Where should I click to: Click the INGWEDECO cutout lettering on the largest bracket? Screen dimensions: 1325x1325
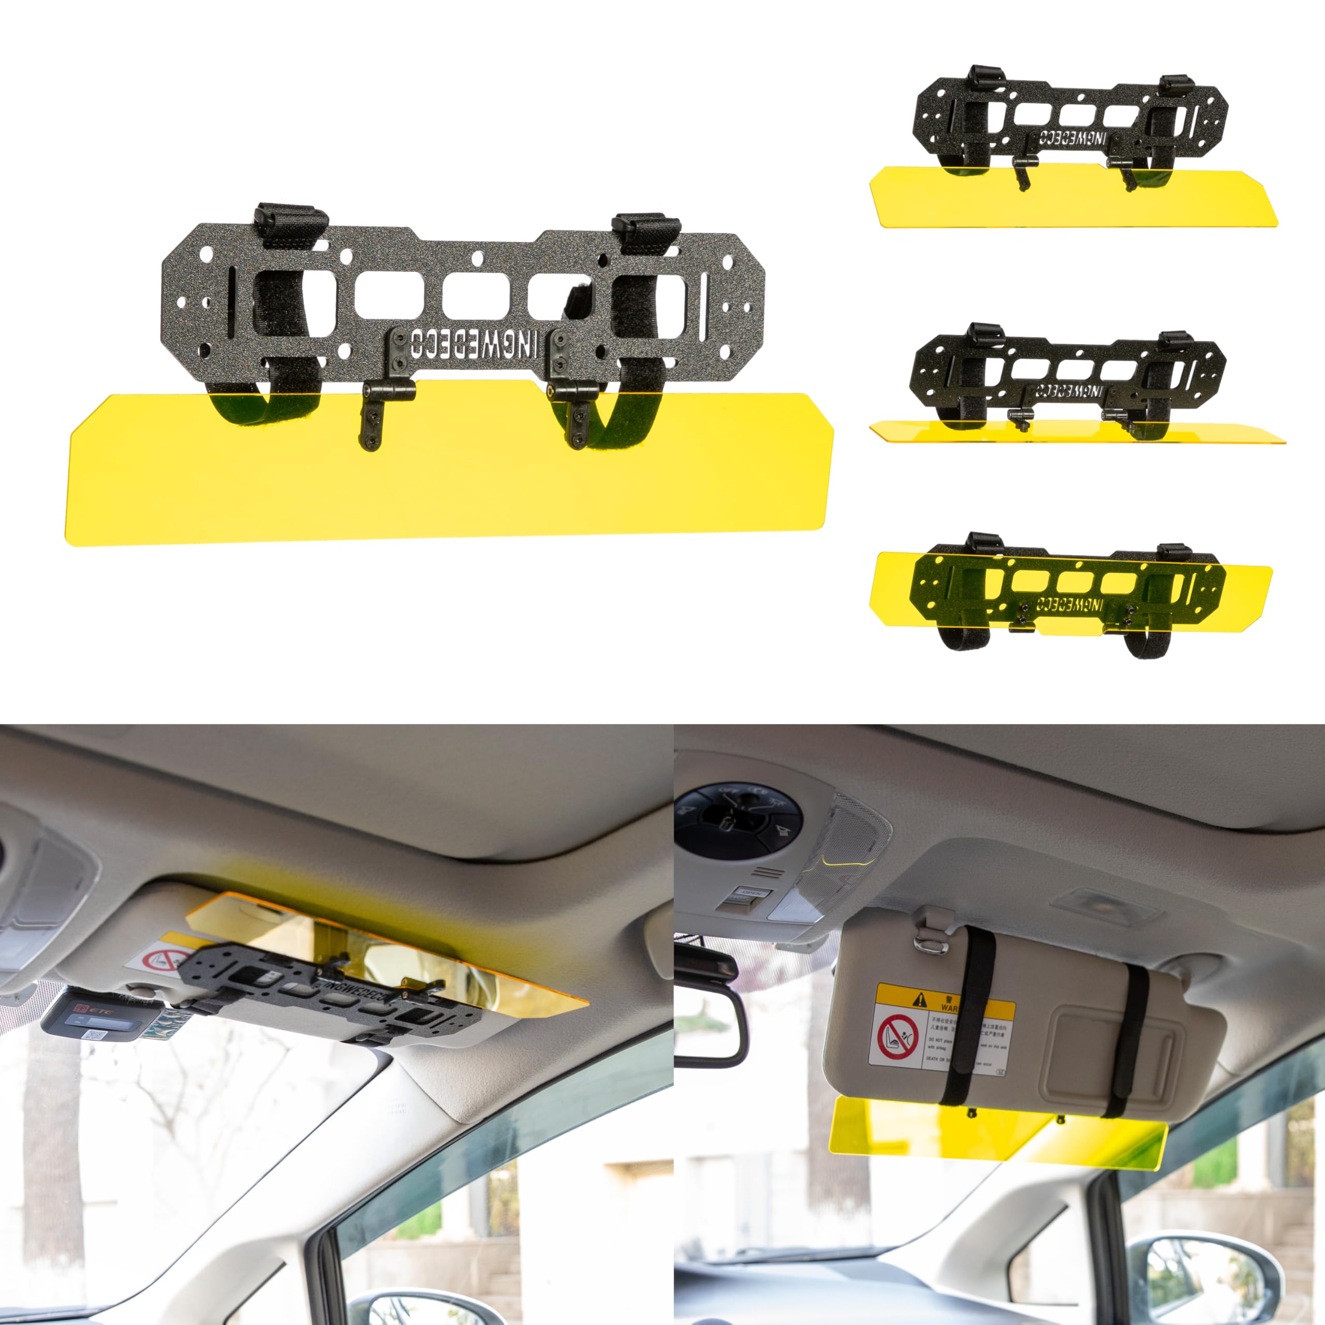(473, 343)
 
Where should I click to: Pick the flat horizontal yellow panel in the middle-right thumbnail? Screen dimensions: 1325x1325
(1077, 432)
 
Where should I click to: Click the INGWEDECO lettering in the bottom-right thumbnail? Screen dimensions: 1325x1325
(1069, 605)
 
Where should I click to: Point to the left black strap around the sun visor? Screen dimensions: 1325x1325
(970, 1015)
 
